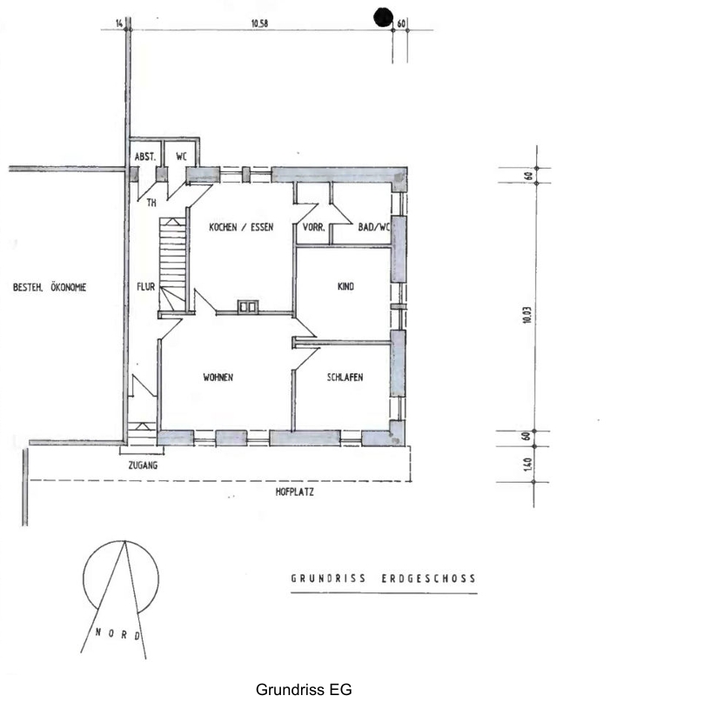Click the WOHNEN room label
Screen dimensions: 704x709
point(218,377)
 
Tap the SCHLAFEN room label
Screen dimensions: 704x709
point(345,377)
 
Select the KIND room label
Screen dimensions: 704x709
point(345,286)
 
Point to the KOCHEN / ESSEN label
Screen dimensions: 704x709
point(241,227)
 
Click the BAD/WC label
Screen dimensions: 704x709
point(373,227)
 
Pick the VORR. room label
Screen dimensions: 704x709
point(313,227)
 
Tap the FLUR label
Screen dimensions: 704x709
point(145,287)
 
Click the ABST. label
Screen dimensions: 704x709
point(145,157)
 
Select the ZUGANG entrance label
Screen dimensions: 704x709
point(143,465)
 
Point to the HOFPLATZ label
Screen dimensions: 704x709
point(294,492)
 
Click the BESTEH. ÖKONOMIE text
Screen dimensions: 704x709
point(50,287)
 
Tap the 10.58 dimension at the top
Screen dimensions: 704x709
point(259,23)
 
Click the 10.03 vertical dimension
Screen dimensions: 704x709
point(526,315)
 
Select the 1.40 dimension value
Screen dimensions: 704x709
point(527,464)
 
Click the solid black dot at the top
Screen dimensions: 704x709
point(383,17)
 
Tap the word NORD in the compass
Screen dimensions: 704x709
point(118,634)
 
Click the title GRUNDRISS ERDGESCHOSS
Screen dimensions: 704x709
point(383,579)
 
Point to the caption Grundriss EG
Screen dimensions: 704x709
point(304,690)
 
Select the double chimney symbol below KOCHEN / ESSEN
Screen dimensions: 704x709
point(248,306)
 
